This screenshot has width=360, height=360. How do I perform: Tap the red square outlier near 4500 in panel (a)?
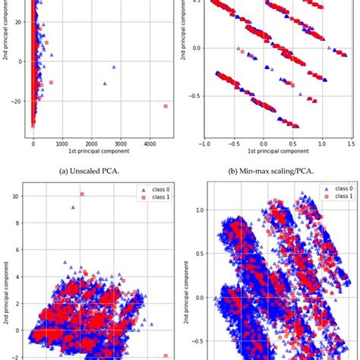click(166, 106)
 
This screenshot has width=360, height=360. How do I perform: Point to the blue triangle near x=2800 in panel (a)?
click(114, 67)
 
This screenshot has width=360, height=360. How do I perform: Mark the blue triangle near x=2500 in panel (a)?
click(105, 84)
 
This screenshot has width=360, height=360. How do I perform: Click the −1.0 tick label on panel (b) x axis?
click(204, 142)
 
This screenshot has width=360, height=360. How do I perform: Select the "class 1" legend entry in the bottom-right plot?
click(334, 197)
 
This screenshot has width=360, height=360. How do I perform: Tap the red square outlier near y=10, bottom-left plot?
click(81, 194)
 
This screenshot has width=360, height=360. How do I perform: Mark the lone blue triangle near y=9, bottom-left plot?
click(74, 207)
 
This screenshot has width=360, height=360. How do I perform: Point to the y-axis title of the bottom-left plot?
click(6, 273)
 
